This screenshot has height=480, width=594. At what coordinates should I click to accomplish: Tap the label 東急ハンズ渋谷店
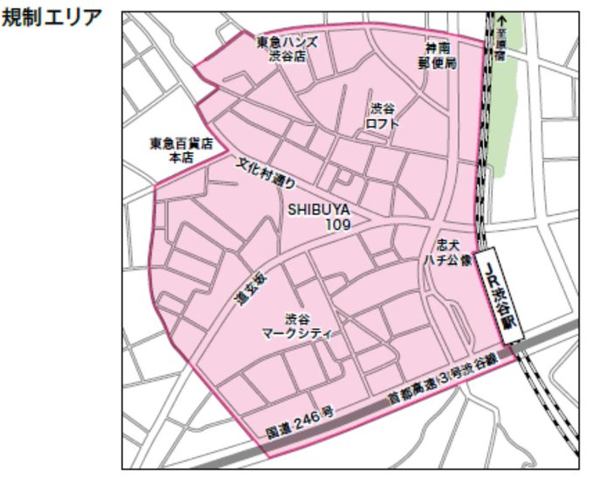[x=287, y=49]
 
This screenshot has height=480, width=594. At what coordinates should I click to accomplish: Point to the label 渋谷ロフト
[x=383, y=116]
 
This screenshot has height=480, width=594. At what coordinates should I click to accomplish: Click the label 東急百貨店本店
[x=181, y=151]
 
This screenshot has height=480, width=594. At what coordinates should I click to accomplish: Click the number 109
[x=338, y=225]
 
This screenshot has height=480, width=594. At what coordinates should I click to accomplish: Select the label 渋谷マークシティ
[x=298, y=326]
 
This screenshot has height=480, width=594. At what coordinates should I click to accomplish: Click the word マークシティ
[x=298, y=332]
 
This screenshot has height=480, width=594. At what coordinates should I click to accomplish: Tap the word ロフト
[x=383, y=123]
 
